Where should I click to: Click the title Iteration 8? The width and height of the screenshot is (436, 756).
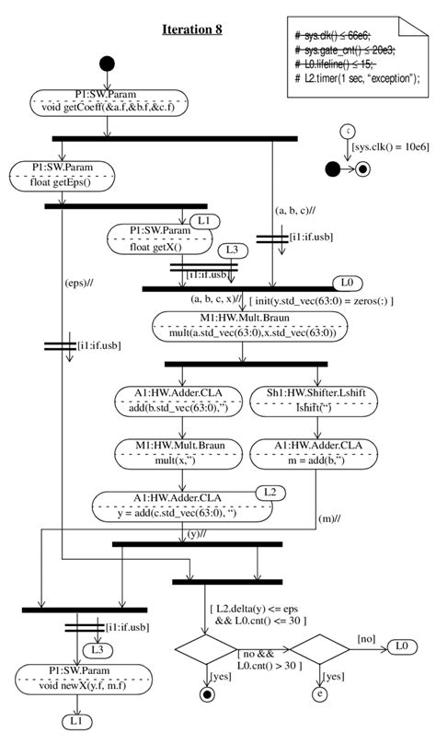tap(192, 29)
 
